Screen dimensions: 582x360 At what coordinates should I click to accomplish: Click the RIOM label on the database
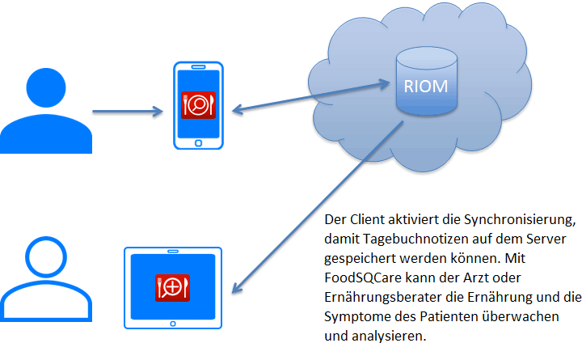point(426,87)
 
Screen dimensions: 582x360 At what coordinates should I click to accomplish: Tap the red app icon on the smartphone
point(198,105)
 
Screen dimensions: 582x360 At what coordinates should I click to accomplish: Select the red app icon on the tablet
point(173,288)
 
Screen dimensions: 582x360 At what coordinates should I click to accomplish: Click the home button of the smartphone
point(198,143)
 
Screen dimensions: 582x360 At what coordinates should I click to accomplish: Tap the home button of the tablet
point(173,324)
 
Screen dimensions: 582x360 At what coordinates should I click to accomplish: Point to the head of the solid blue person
point(46,87)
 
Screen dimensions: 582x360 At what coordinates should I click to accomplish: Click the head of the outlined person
point(46,257)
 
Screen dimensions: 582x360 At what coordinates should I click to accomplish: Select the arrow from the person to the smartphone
point(128,111)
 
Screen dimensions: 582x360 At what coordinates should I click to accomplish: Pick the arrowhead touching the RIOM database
point(383,84)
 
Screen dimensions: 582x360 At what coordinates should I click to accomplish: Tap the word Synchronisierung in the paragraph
point(520,220)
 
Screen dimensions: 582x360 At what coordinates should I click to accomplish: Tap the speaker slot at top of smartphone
point(198,67)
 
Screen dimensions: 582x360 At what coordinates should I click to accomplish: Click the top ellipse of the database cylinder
point(427,58)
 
